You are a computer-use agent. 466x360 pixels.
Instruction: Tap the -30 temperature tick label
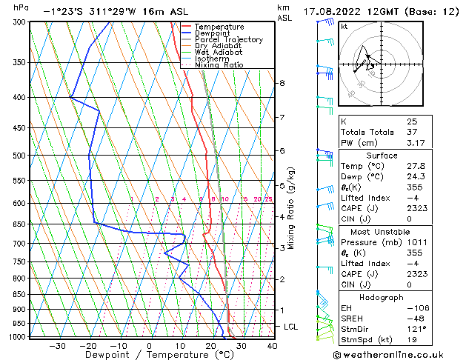pos(56,345)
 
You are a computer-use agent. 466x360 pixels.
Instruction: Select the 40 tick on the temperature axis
pos(272,345)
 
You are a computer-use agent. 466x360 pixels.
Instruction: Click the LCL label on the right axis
pos(291,327)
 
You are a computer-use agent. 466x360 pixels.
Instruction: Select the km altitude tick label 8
pos(282,83)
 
